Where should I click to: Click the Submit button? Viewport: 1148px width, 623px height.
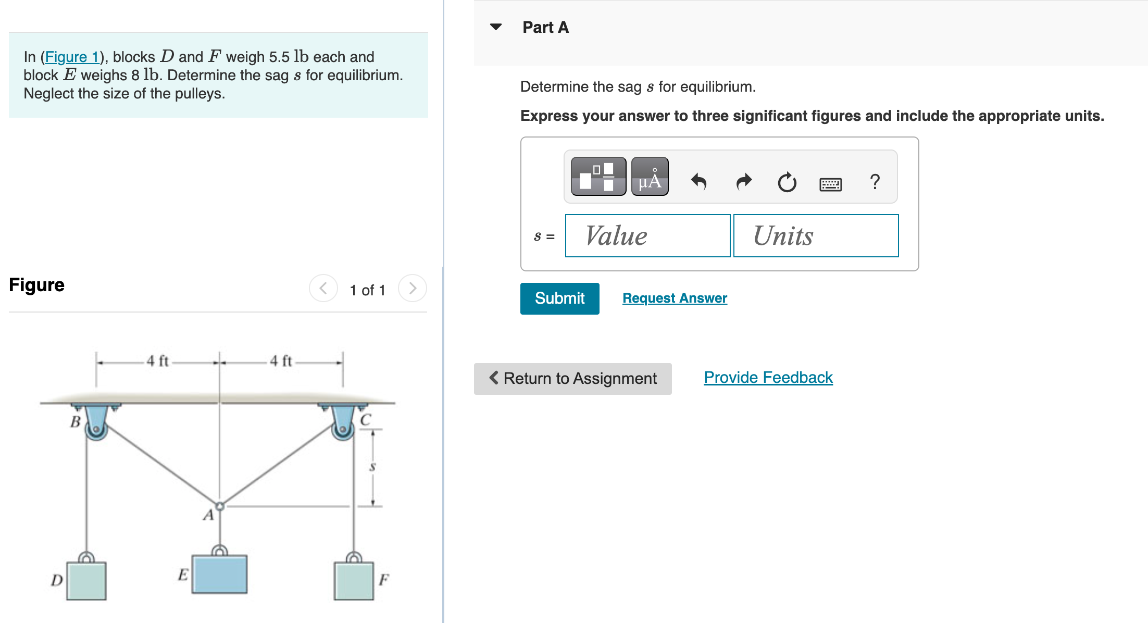559,298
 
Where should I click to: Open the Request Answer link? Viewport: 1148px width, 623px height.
675,298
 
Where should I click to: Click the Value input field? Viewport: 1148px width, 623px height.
647,236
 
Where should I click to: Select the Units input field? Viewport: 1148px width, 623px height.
816,236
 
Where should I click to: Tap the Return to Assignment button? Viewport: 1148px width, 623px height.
572,378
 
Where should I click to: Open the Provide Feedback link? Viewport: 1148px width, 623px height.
768,377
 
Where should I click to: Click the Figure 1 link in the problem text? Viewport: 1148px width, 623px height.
72,57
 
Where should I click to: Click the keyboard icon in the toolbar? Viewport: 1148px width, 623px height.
830,183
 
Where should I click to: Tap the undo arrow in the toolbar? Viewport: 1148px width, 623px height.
698,182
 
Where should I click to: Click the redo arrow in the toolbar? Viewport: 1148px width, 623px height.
744,182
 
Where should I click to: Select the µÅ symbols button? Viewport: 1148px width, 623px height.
650,177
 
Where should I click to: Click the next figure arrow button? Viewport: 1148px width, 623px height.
412,288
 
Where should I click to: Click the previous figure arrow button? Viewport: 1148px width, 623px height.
323,288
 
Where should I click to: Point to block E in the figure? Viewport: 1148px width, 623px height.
219,574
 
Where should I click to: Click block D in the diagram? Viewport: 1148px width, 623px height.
86,580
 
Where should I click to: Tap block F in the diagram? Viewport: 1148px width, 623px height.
354,580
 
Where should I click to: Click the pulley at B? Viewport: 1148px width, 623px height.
96,429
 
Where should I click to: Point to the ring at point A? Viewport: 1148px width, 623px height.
220,506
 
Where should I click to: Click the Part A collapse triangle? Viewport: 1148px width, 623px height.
496,27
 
